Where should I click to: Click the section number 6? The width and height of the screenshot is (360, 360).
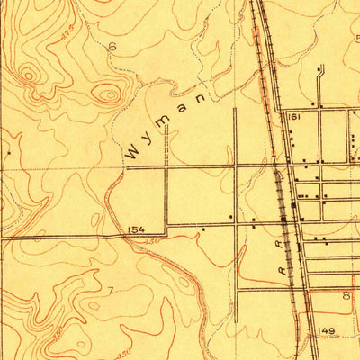(x=112, y=46)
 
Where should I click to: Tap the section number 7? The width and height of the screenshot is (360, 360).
(x=110, y=290)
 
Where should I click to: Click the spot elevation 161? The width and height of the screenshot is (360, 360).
(x=292, y=117)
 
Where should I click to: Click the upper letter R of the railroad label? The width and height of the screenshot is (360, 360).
(x=287, y=243)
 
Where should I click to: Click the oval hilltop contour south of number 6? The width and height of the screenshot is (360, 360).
(x=107, y=92)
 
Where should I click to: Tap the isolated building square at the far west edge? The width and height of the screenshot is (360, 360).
(x=8, y=152)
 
